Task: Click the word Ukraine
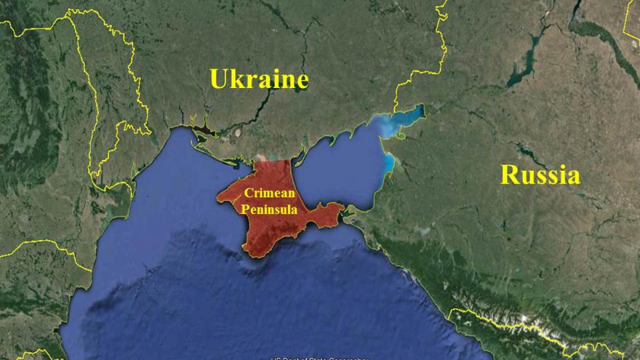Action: tap(259, 79)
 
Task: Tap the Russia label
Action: tap(540, 175)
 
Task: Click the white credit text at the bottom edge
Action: tap(320, 357)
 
